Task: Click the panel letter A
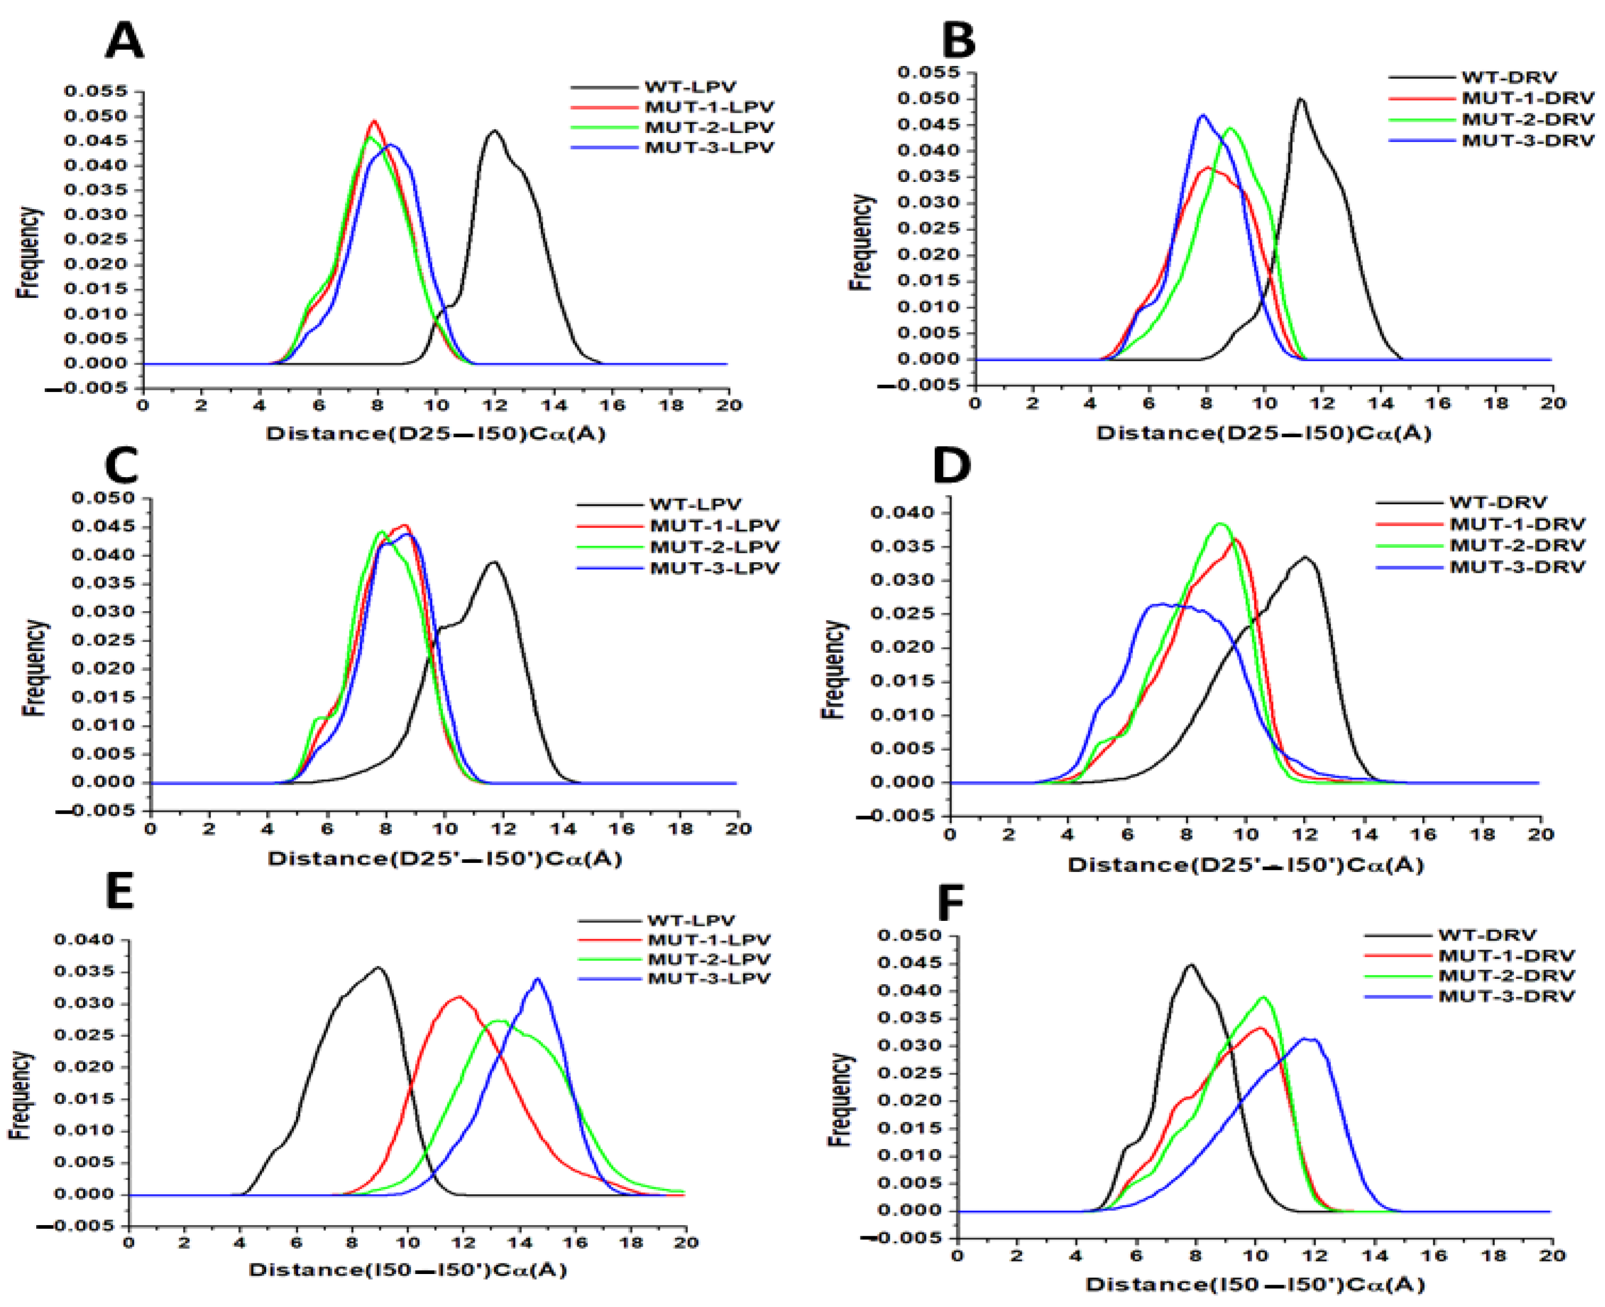click(x=125, y=41)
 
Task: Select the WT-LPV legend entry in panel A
click(x=690, y=87)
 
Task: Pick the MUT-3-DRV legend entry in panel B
click(x=1527, y=140)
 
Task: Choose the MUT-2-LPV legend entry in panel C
click(x=714, y=547)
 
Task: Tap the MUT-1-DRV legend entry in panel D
click(x=1517, y=523)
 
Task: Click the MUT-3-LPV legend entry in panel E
click(x=708, y=979)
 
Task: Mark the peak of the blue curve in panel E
click(x=537, y=979)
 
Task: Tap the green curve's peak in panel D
click(x=1221, y=523)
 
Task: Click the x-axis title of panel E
click(x=408, y=1269)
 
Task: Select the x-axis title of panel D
click(x=1245, y=864)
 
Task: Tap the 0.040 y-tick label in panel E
click(x=84, y=939)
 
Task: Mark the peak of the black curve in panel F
click(x=1191, y=964)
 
